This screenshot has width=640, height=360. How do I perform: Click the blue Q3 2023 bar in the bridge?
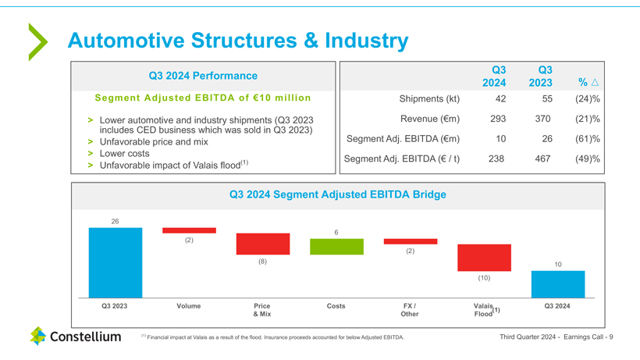tap(115, 262)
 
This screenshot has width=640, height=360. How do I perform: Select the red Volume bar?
tap(189, 230)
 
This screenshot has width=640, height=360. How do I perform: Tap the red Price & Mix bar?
tap(262, 244)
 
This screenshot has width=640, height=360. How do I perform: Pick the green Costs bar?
tap(336, 247)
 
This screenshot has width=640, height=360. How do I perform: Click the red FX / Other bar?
tap(410, 241)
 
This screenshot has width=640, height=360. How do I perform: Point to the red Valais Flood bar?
tap(484, 258)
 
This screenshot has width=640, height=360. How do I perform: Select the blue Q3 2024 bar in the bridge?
tap(557, 283)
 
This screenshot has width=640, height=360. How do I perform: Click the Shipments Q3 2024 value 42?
tap(500, 98)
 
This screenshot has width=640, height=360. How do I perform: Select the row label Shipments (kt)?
tap(429, 98)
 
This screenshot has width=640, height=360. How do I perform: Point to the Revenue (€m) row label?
tap(428, 119)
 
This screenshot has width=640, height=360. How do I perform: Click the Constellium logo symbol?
tap(38, 337)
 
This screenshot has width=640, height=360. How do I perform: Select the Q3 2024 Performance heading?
tap(203, 76)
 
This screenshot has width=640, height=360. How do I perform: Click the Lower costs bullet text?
tap(124, 153)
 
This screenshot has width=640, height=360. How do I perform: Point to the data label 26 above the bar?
tap(115, 222)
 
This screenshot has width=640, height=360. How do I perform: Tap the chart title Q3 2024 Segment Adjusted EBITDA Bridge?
tap(337, 194)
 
